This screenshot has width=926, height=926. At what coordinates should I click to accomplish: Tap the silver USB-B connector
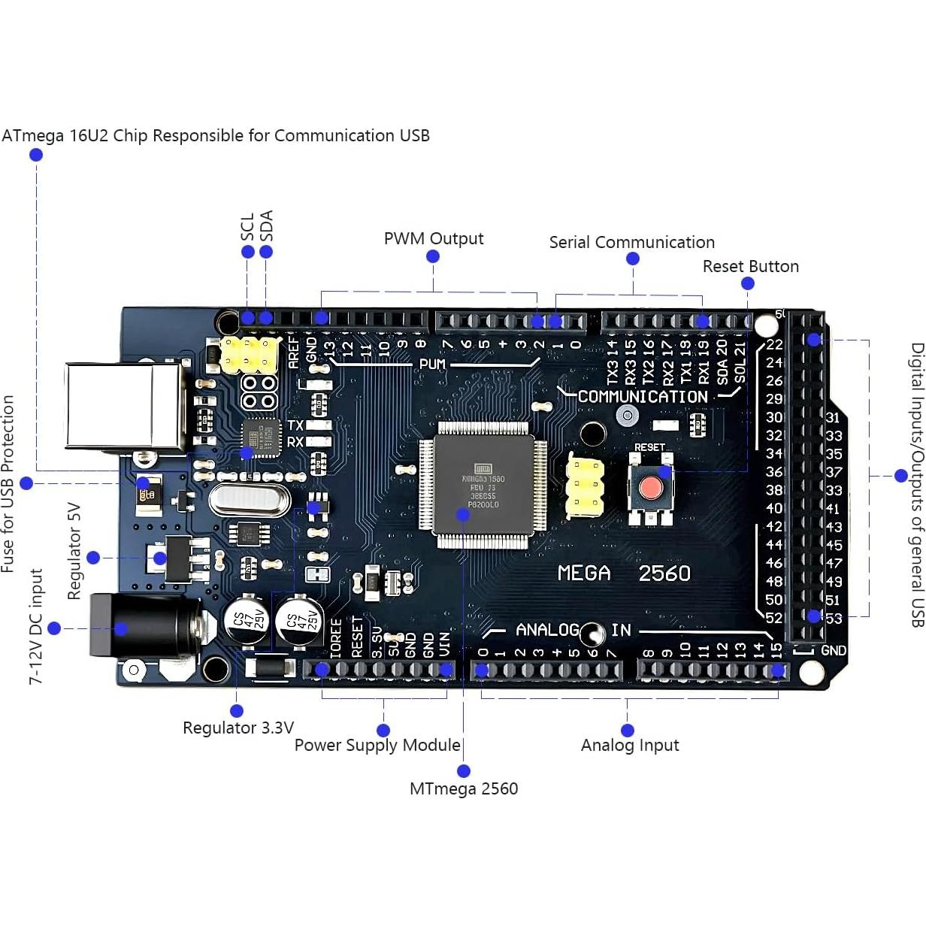tap(124, 407)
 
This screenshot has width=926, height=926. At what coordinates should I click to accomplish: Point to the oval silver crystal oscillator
tap(250, 500)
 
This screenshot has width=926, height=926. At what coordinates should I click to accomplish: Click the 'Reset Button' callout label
tap(750, 267)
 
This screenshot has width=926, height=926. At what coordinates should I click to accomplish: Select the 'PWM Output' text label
tap(434, 239)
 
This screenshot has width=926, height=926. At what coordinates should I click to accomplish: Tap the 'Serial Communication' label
tap(631, 243)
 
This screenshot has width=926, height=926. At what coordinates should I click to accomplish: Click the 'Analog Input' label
tap(629, 746)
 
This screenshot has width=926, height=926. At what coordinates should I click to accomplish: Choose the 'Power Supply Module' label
tap(377, 746)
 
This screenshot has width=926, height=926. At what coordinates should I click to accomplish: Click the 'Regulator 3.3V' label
tap(238, 728)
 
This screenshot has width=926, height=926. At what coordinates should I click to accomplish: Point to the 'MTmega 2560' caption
tap(464, 789)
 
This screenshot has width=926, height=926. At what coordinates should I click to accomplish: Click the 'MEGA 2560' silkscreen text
tap(623, 573)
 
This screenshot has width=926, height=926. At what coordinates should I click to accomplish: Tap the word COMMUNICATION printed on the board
tap(643, 397)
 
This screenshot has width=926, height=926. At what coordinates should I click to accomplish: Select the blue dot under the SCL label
tap(248, 252)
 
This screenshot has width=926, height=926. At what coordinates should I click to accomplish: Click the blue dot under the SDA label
tap(266, 252)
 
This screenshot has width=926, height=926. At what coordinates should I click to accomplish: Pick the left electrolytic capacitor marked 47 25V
tap(247, 621)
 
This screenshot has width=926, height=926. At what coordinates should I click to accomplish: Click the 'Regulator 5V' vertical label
tap(74, 551)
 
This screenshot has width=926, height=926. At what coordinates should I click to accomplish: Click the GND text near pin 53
tap(834, 651)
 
